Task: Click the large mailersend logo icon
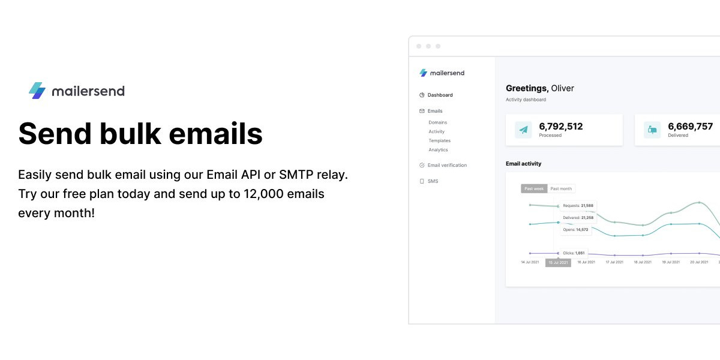click(x=37, y=91)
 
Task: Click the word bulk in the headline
click(x=130, y=133)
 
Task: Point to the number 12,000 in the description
click(x=263, y=194)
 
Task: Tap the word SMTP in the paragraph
click(x=296, y=175)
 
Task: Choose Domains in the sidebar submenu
click(x=438, y=122)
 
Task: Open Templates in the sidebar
click(x=439, y=141)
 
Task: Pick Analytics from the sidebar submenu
click(x=438, y=150)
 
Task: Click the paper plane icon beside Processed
click(x=523, y=130)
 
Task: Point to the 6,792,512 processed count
click(x=561, y=127)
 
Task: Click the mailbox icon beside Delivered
click(x=652, y=130)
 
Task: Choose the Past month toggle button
click(x=561, y=188)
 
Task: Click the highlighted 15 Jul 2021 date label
click(x=559, y=263)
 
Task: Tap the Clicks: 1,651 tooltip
click(x=574, y=253)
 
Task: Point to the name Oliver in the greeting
click(x=563, y=88)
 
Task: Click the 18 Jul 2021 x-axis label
click(x=643, y=262)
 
